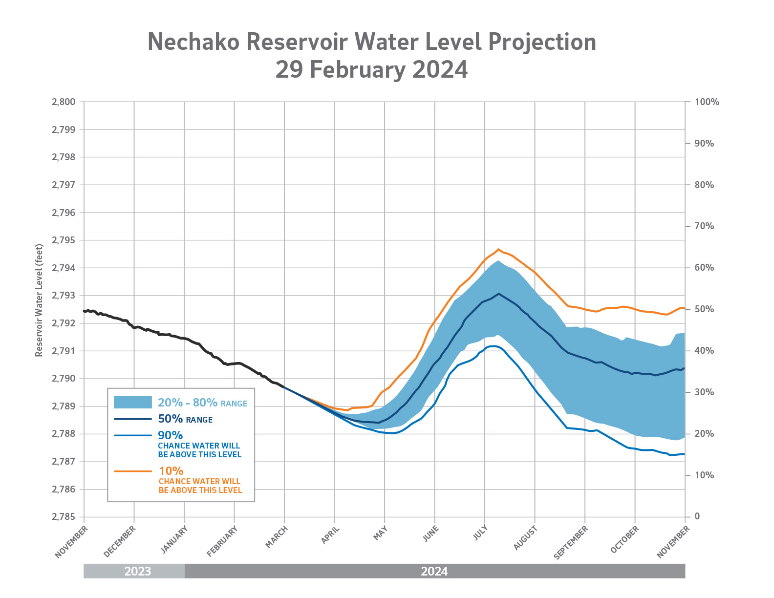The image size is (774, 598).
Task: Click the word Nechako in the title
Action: (x=193, y=42)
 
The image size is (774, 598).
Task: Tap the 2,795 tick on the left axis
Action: (x=64, y=240)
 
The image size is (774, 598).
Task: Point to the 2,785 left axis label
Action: (x=64, y=517)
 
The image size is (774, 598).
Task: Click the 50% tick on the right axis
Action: (x=704, y=309)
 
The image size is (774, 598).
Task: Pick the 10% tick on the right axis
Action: (x=704, y=475)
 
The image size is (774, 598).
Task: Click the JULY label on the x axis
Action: (x=480, y=535)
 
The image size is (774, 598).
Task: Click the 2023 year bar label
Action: (x=137, y=571)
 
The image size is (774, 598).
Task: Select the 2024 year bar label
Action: (x=434, y=571)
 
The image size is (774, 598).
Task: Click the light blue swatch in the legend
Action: (x=133, y=402)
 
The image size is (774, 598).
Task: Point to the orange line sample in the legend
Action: (x=133, y=471)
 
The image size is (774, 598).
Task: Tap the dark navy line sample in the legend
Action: (x=133, y=419)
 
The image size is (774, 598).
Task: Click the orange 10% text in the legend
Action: (x=171, y=471)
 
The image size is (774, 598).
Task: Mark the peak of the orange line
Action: (x=498, y=249)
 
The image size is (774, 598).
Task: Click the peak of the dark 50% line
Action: (x=498, y=294)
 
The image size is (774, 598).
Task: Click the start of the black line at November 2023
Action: (x=85, y=311)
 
